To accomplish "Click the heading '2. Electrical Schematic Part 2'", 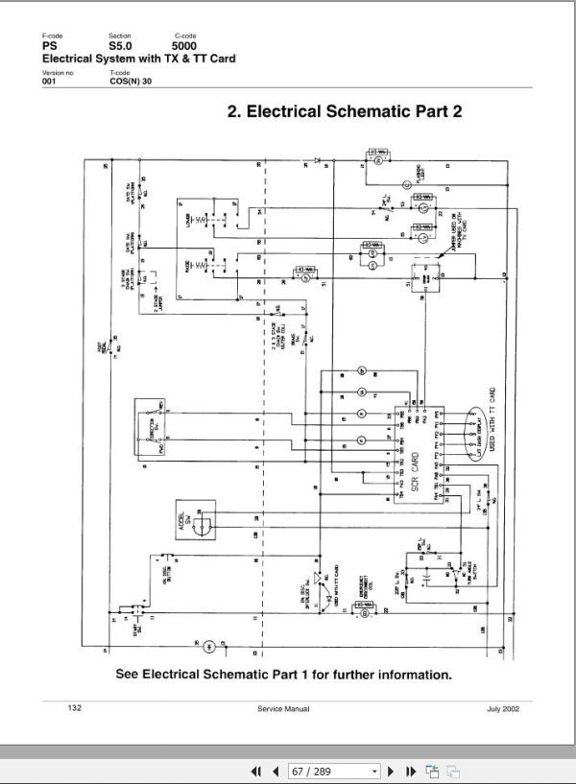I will [345, 111].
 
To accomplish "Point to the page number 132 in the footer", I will [74, 707].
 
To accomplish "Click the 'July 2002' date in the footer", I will [503, 708].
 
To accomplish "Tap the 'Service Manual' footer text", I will [283, 708].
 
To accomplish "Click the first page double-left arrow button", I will [256, 771].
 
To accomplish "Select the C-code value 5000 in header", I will [185, 46].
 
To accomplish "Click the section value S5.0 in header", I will [121, 46].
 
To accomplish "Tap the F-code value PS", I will [50, 46].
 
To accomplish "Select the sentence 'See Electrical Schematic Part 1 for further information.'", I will [283, 674].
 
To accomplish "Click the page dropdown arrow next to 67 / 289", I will [374, 771].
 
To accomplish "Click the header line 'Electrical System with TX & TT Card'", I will [138, 59].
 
